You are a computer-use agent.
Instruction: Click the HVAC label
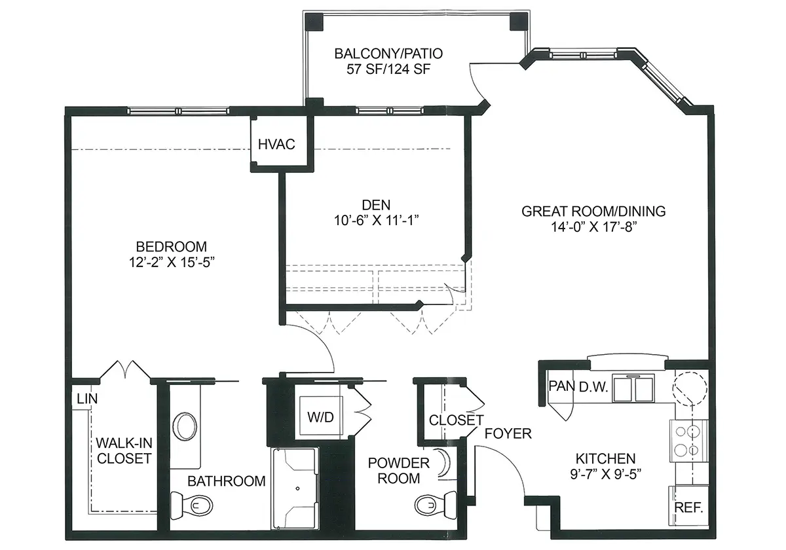[276, 144]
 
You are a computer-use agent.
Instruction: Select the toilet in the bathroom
[191, 505]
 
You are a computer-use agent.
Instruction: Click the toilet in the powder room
[436, 505]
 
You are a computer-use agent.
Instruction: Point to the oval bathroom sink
[185, 426]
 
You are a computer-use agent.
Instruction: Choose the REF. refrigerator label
[688, 507]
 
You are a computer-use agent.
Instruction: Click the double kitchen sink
[633, 388]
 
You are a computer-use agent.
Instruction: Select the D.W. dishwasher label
[593, 386]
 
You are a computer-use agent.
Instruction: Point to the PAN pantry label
[561, 386]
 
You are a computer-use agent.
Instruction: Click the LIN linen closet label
[87, 399]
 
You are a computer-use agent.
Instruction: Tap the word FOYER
[508, 433]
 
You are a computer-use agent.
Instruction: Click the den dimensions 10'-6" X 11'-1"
[376, 220]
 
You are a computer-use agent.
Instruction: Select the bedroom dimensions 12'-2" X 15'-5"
[172, 262]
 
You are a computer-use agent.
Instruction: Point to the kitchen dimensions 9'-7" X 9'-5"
[606, 474]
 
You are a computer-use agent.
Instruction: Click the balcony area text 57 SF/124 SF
[388, 69]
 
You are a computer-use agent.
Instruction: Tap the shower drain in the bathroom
[297, 488]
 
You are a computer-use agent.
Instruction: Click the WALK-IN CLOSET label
[124, 450]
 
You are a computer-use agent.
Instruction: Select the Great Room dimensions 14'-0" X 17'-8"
[593, 227]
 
